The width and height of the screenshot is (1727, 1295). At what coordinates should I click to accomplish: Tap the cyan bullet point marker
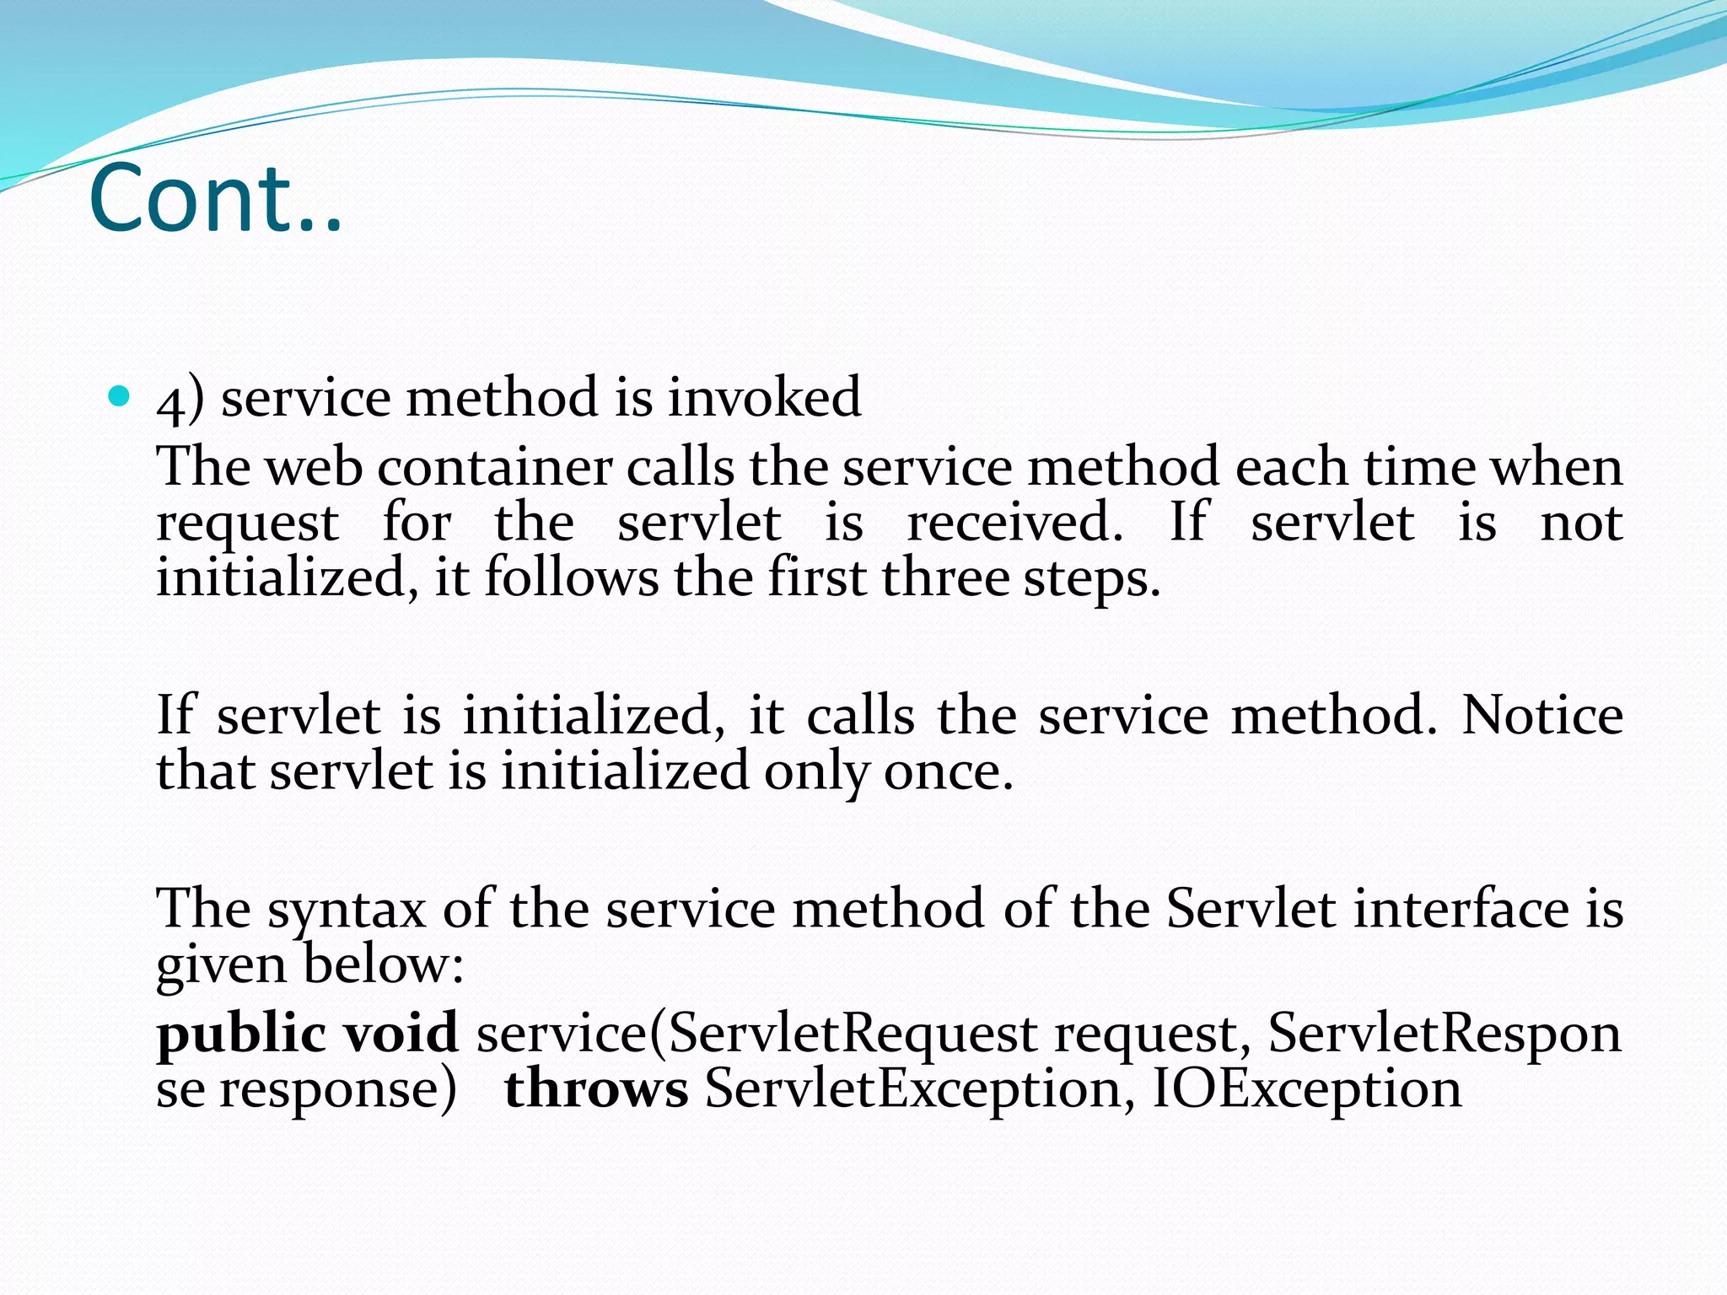coord(119,395)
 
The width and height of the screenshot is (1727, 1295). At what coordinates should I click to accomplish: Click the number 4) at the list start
coord(180,398)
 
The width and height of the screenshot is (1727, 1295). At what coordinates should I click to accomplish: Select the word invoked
coord(764,396)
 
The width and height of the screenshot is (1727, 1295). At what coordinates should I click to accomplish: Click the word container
coord(494,467)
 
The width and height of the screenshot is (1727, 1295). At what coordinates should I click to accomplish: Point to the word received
coord(1014,522)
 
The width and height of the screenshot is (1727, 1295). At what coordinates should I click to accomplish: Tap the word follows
coord(572,578)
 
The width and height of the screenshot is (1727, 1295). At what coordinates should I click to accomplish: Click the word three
coord(945,578)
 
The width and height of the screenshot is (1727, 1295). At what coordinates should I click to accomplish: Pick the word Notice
coord(1542,716)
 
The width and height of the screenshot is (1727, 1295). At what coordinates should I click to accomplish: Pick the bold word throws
coord(596,1089)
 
